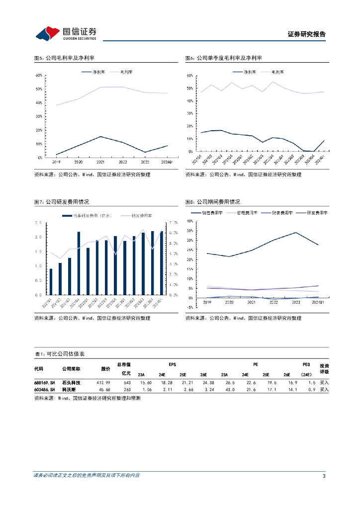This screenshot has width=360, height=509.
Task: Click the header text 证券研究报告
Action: click(307, 34)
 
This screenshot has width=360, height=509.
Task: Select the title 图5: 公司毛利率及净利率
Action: click(62, 58)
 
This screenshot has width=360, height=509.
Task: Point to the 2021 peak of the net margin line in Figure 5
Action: click(100, 136)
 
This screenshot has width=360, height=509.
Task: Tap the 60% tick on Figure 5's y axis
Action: click(38, 76)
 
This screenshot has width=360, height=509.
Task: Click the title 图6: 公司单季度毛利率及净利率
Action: click(223, 58)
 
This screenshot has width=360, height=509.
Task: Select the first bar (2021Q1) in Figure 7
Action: click(51, 281)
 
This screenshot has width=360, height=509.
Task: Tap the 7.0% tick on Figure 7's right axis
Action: click(174, 222)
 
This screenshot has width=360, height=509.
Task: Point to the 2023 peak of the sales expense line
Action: click(296, 233)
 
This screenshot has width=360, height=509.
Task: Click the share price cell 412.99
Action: click(103, 383)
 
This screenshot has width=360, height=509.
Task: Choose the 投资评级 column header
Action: click(324, 368)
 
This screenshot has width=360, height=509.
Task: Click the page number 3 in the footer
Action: click(324, 476)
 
